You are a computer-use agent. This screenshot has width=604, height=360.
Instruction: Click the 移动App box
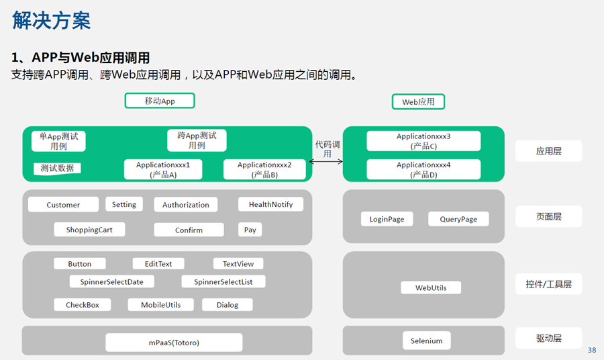(160, 101)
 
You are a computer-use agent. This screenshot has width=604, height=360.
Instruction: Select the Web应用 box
(418, 102)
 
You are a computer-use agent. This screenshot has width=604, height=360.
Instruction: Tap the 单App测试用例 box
(58, 141)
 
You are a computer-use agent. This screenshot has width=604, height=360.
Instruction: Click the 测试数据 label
(57, 168)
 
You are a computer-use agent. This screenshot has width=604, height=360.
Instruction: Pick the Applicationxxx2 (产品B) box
(264, 170)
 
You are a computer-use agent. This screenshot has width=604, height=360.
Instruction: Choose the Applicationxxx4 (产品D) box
(423, 170)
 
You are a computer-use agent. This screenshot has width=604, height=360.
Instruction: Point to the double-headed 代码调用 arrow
(326, 161)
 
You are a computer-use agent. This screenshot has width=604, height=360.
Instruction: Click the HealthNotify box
(271, 204)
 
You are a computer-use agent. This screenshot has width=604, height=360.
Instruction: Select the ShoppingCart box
(89, 230)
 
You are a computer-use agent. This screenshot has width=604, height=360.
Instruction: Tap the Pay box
(250, 230)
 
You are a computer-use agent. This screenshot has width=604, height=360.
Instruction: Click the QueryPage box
(458, 219)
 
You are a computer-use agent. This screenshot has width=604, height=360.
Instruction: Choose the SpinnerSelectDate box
(111, 282)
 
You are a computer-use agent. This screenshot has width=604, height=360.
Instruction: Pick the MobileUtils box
(160, 304)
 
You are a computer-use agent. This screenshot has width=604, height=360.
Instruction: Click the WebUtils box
(431, 287)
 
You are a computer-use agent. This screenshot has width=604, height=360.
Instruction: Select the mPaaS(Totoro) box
(174, 343)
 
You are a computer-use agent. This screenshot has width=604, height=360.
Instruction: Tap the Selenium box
(426, 341)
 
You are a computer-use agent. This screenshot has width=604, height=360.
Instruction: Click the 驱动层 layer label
(548, 338)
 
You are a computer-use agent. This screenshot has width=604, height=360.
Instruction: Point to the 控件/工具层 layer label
(548, 284)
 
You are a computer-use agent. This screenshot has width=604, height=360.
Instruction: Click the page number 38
(592, 350)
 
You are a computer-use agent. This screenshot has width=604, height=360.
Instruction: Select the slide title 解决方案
(51, 20)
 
